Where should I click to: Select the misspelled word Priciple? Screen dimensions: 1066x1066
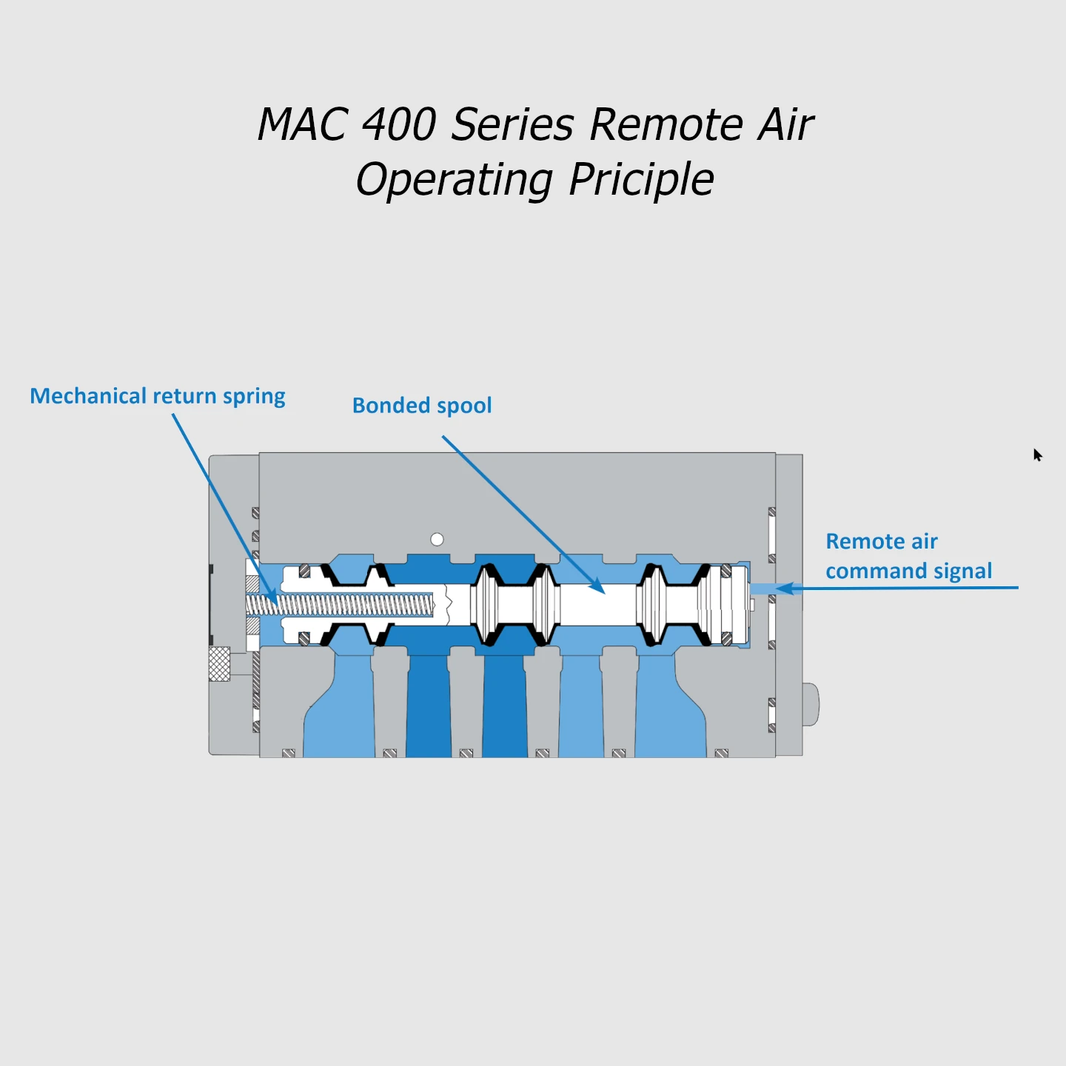pyautogui.click(x=641, y=180)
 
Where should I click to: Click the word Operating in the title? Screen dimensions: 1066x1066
pyautogui.click(x=454, y=180)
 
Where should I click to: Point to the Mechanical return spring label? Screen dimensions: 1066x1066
pyautogui.click(x=158, y=396)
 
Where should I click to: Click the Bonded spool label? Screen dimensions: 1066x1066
pyautogui.click(x=422, y=406)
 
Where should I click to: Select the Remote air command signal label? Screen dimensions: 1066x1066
pyautogui.click(x=908, y=556)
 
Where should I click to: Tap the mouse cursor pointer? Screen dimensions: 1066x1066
pyautogui.click(x=1037, y=455)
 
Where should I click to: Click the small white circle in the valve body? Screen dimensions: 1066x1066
pyautogui.click(x=438, y=539)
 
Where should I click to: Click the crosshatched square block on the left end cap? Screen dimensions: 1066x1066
pyautogui.click(x=219, y=663)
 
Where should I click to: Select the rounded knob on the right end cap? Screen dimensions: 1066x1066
pyautogui.click(x=811, y=704)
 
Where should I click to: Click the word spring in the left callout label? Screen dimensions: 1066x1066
pyautogui.click(x=254, y=397)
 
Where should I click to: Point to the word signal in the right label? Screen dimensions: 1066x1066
pyautogui.click(x=962, y=571)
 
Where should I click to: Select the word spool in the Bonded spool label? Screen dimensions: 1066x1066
pyautogui.click(x=464, y=406)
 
